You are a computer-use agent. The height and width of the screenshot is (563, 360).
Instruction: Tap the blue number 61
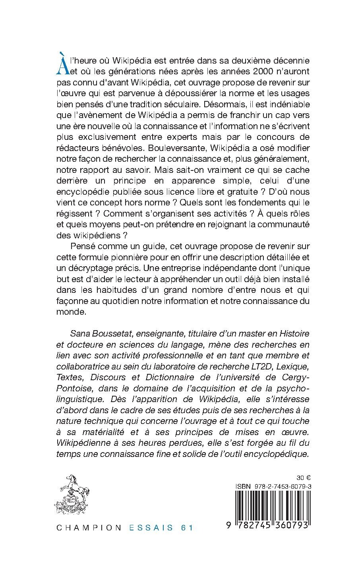186,528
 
